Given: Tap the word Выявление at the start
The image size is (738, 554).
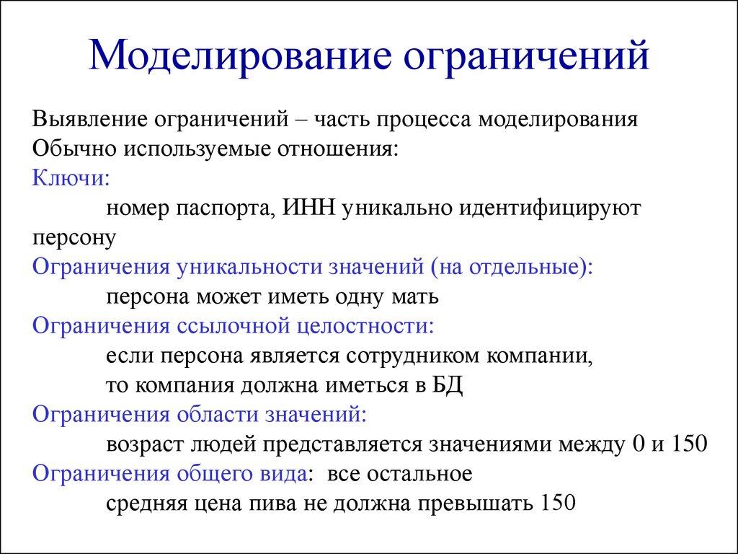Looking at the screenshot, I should point(87,119).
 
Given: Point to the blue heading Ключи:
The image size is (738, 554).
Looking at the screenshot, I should point(71,177).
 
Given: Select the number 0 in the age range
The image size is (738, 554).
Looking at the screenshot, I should point(636,444).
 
